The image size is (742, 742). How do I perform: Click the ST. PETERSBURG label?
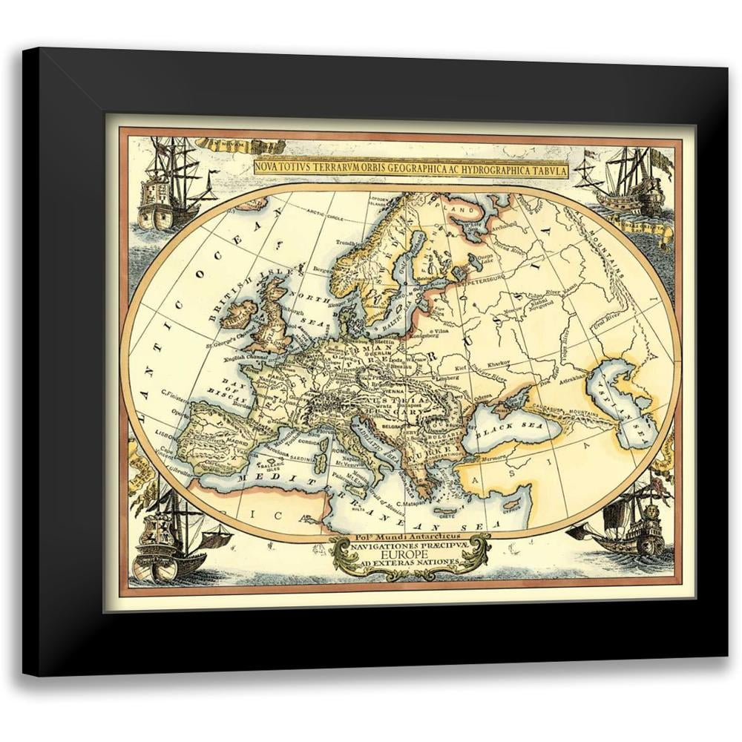482,282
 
